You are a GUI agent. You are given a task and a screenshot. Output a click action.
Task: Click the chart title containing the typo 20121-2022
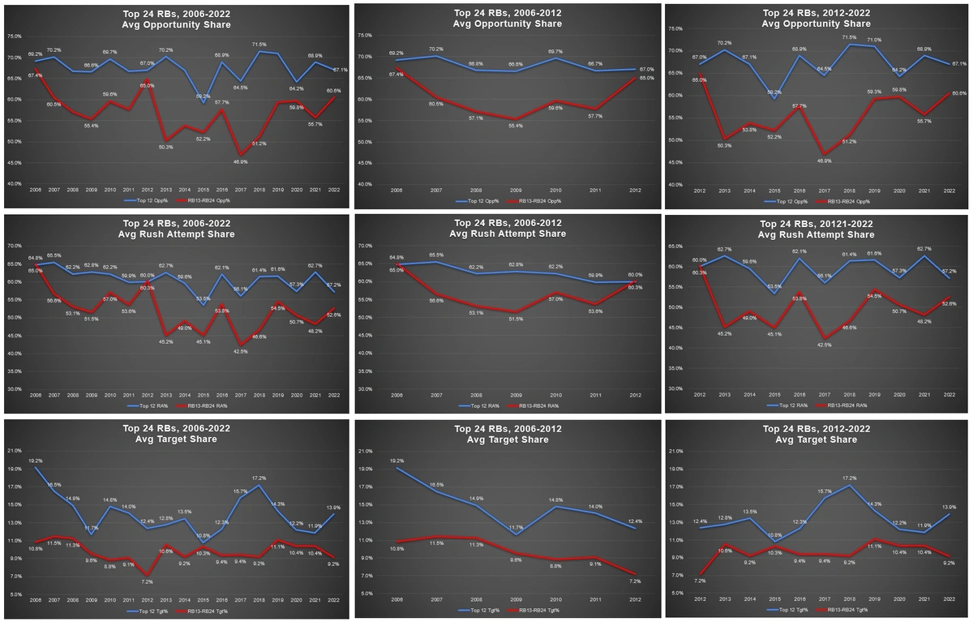(816, 229)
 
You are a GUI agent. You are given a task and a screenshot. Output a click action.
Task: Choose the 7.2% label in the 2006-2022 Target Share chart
(147, 581)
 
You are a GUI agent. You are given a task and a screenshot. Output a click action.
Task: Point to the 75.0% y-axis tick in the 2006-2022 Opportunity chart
(15, 36)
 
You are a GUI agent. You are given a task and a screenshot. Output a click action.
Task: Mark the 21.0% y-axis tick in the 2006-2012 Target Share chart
(365, 451)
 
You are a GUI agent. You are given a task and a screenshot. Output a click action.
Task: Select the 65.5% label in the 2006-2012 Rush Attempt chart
(436, 255)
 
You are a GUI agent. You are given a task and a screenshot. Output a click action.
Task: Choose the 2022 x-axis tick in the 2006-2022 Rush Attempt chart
(332, 396)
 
